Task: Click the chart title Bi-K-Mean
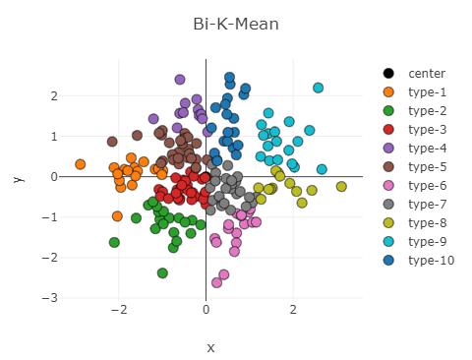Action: (236, 24)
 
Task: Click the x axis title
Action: (209, 347)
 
